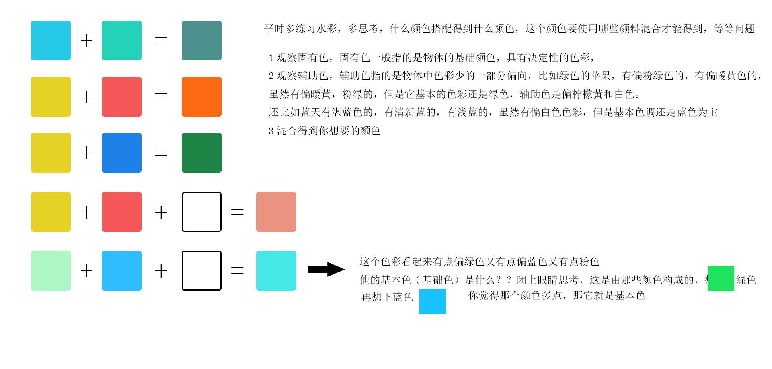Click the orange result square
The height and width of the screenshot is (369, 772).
click(x=201, y=97)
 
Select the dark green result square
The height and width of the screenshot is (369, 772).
click(x=201, y=153)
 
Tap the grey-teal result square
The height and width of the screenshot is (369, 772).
click(x=201, y=40)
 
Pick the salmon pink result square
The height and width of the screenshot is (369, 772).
click(x=276, y=212)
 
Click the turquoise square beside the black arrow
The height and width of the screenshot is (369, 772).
click(x=276, y=270)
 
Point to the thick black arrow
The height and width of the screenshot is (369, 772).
click(x=326, y=269)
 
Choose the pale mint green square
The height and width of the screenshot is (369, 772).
click(x=51, y=270)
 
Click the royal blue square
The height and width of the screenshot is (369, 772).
click(x=121, y=153)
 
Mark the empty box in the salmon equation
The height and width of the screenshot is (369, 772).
click(x=201, y=212)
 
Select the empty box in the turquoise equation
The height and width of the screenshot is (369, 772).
click(x=201, y=270)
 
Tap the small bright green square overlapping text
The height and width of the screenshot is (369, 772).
click(x=721, y=278)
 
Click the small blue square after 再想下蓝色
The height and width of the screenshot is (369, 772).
click(x=432, y=301)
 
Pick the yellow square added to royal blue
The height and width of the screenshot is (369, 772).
click(x=51, y=153)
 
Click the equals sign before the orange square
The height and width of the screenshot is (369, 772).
click(x=161, y=97)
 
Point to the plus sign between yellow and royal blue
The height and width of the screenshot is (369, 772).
click(x=86, y=153)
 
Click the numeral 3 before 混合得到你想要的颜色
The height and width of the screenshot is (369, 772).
click(x=271, y=131)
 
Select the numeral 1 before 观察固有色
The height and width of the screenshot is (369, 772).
click(x=271, y=58)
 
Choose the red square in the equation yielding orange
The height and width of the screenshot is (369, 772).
click(x=121, y=97)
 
